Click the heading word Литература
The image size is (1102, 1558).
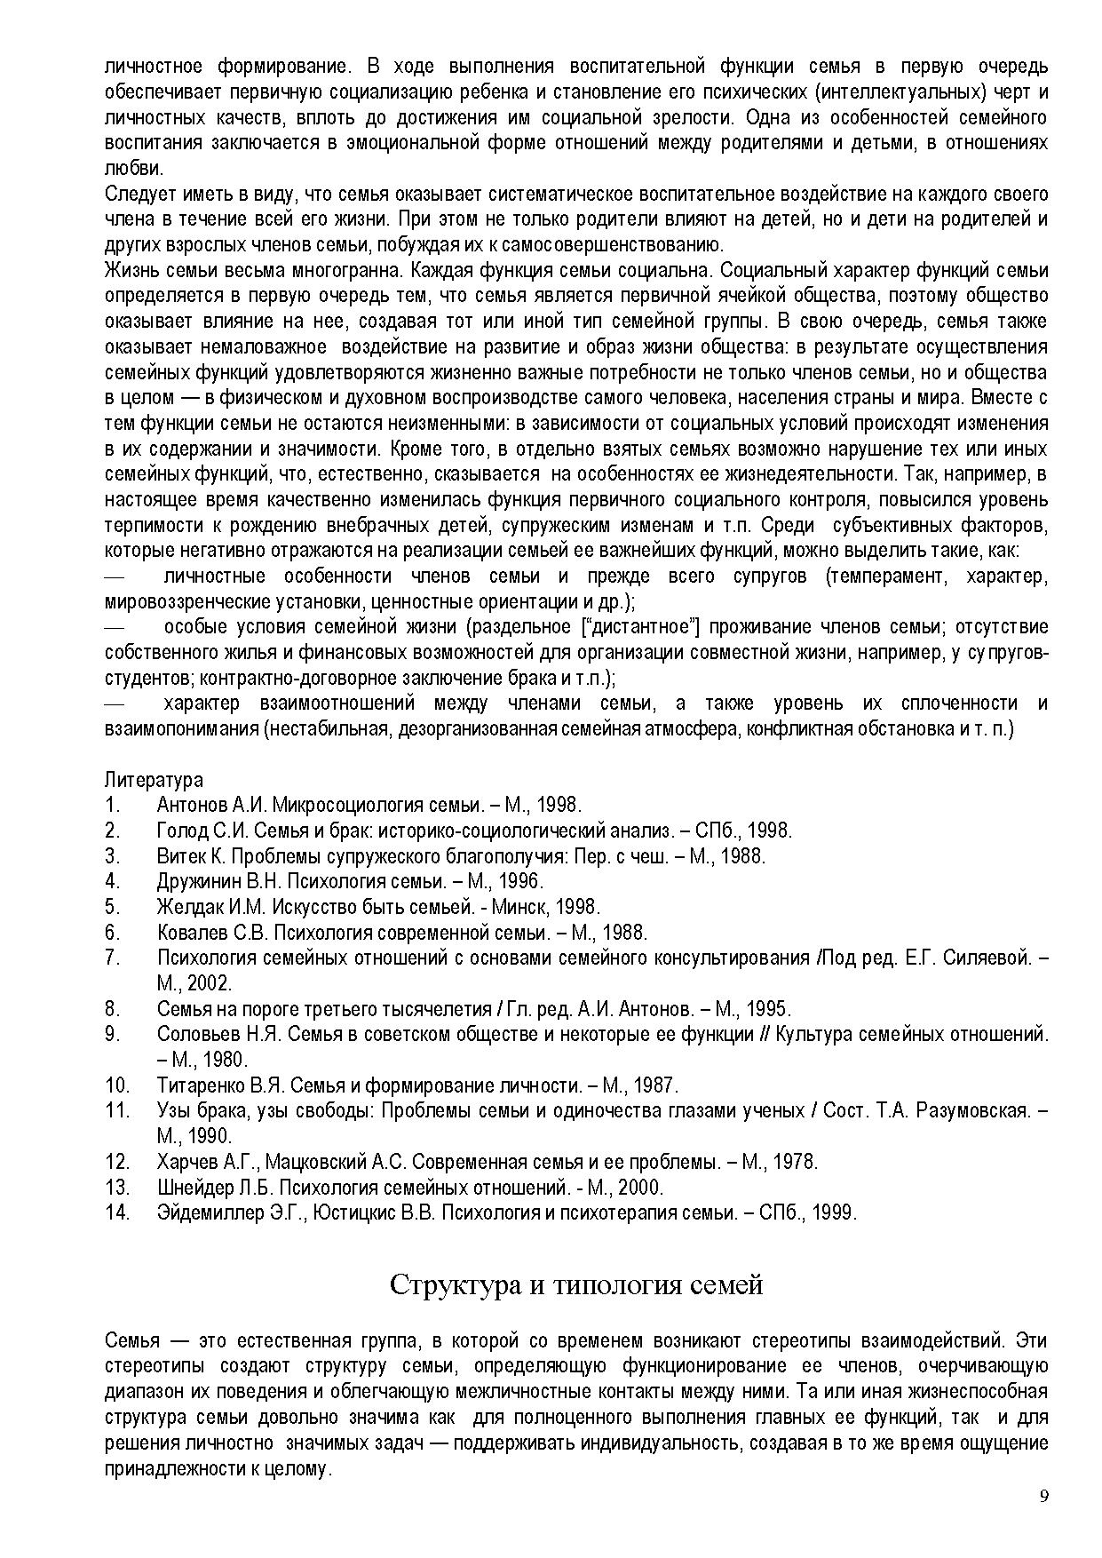click(x=154, y=780)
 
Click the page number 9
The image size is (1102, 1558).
click(x=1044, y=1496)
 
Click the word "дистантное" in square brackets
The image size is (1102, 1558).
click(x=638, y=626)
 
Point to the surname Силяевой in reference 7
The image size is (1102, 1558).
click(x=987, y=958)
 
